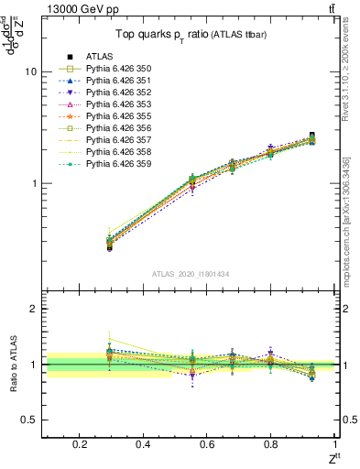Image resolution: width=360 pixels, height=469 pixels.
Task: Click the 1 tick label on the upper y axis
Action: coord(35,183)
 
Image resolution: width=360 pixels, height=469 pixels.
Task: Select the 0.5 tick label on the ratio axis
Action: coord(31,420)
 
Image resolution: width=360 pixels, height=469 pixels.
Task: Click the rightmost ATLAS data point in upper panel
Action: coord(312,136)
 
